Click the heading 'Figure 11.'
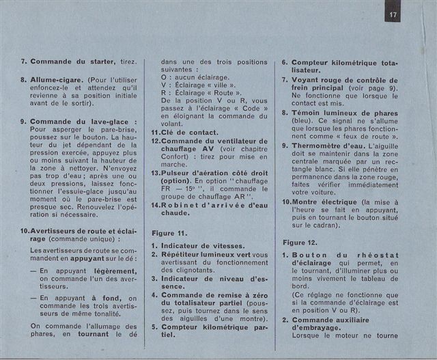point(169,232)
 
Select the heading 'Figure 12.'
point(300,243)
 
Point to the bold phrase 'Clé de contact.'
point(188,132)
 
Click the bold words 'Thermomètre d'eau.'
point(328,146)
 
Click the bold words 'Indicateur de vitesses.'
point(198,245)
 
